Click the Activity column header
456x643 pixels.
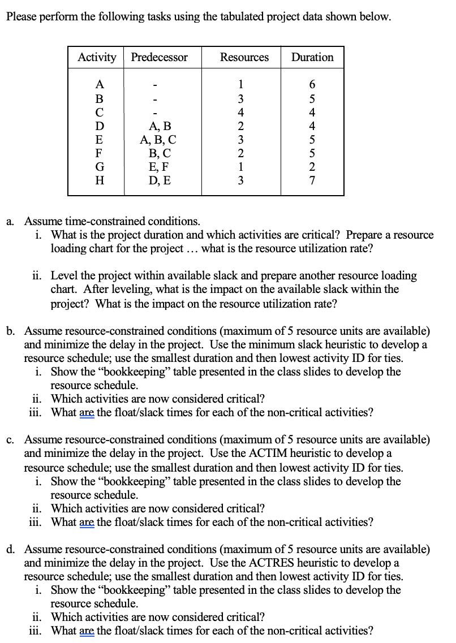click(96, 57)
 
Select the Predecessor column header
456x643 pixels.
click(159, 57)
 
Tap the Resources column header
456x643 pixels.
click(244, 57)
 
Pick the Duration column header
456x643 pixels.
click(312, 57)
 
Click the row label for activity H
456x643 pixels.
click(100, 182)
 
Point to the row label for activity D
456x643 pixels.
click(100, 126)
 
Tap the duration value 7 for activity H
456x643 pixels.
click(312, 182)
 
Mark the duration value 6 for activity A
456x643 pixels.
click(312, 85)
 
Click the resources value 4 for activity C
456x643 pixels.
click(242, 112)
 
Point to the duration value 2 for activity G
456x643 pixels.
click(312, 167)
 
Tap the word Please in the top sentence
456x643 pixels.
click(21, 16)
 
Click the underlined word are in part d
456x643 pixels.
click(88, 631)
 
